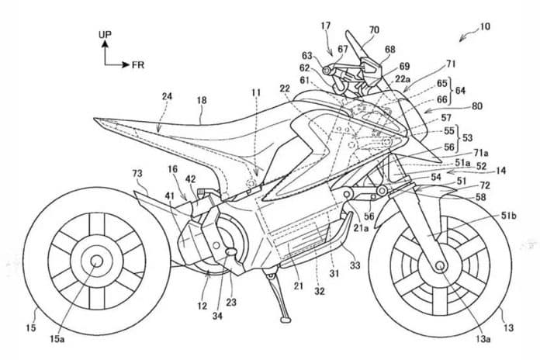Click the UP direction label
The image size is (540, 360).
pyautogui.click(x=105, y=35)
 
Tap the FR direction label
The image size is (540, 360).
pyautogui.click(x=138, y=64)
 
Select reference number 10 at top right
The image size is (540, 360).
pyautogui.click(x=485, y=26)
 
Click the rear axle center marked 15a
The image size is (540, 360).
pyautogui.click(x=96, y=261)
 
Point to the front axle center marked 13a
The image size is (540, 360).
pyautogui.click(x=439, y=265)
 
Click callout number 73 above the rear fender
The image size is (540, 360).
pyautogui.click(x=137, y=173)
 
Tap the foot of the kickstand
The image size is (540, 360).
pyautogui.click(x=286, y=320)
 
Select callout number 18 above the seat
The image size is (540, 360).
pyautogui.click(x=202, y=100)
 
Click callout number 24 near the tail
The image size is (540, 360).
pyautogui.click(x=167, y=96)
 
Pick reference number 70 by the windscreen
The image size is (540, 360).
pyautogui.click(x=374, y=30)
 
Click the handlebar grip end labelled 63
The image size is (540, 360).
pyautogui.click(x=325, y=71)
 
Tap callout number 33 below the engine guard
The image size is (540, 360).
pyautogui.click(x=355, y=265)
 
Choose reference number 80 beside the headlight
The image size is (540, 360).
pyautogui.click(x=477, y=106)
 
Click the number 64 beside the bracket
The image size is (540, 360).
pyautogui.click(x=460, y=91)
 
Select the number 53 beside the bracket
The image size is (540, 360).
pyautogui.click(x=467, y=138)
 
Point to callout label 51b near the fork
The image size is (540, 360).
pyautogui.click(x=509, y=216)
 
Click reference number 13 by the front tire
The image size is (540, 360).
pyautogui.click(x=508, y=327)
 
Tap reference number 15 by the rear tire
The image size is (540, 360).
pyautogui.click(x=31, y=327)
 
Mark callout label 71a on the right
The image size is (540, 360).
pyautogui.click(x=481, y=154)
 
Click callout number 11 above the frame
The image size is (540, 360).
pyautogui.click(x=256, y=92)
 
